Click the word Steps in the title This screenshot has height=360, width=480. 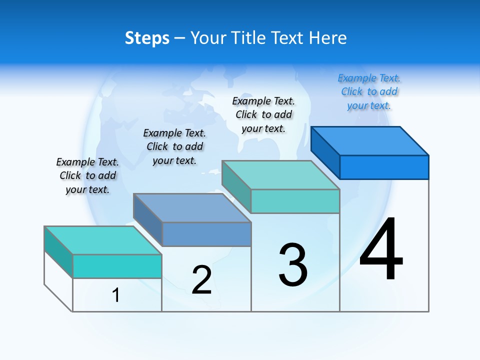(147, 38)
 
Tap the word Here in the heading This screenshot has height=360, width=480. (327, 38)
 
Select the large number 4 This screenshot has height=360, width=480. (381, 248)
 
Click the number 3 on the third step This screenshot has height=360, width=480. (293, 265)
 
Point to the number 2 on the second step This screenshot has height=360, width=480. (202, 280)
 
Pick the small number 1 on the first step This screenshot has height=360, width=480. (116, 295)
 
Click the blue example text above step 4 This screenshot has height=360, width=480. (369, 91)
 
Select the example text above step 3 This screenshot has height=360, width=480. (263, 114)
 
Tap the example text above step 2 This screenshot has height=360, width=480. (174, 146)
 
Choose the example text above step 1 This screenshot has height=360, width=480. (87, 175)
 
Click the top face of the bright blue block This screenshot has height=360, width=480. (370, 140)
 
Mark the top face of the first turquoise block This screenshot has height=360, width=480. (103, 240)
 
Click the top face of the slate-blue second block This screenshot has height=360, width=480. (192, 207)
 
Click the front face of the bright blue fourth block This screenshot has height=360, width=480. (384, 167)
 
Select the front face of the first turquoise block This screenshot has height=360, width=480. (117, 266)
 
